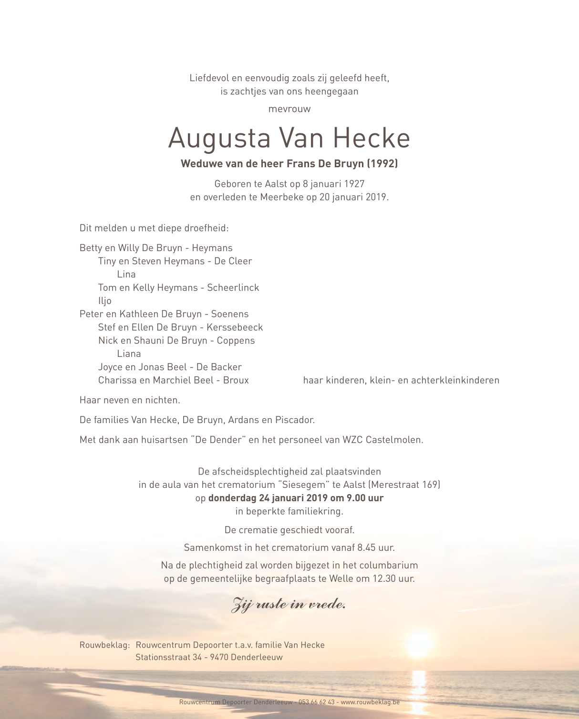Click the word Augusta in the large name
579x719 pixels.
pos(219,138)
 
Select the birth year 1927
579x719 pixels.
pos(354,184)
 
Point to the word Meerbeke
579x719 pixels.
pos(281,197)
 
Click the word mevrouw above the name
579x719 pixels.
pos(289,109)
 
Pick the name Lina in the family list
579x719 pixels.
pos(126,274)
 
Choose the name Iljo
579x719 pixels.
pos(105,301)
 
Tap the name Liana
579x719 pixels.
pos(129,354)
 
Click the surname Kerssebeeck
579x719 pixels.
pos(235,327)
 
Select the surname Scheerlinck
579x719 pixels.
pos(233,288)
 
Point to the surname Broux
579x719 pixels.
pos(236,380)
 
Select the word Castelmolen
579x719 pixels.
pos(394,440)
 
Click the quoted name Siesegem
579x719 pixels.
pos(303,485)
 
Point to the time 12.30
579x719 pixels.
pos(385,579)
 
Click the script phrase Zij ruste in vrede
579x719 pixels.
pos(289,604)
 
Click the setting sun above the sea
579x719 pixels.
pos(419,641)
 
